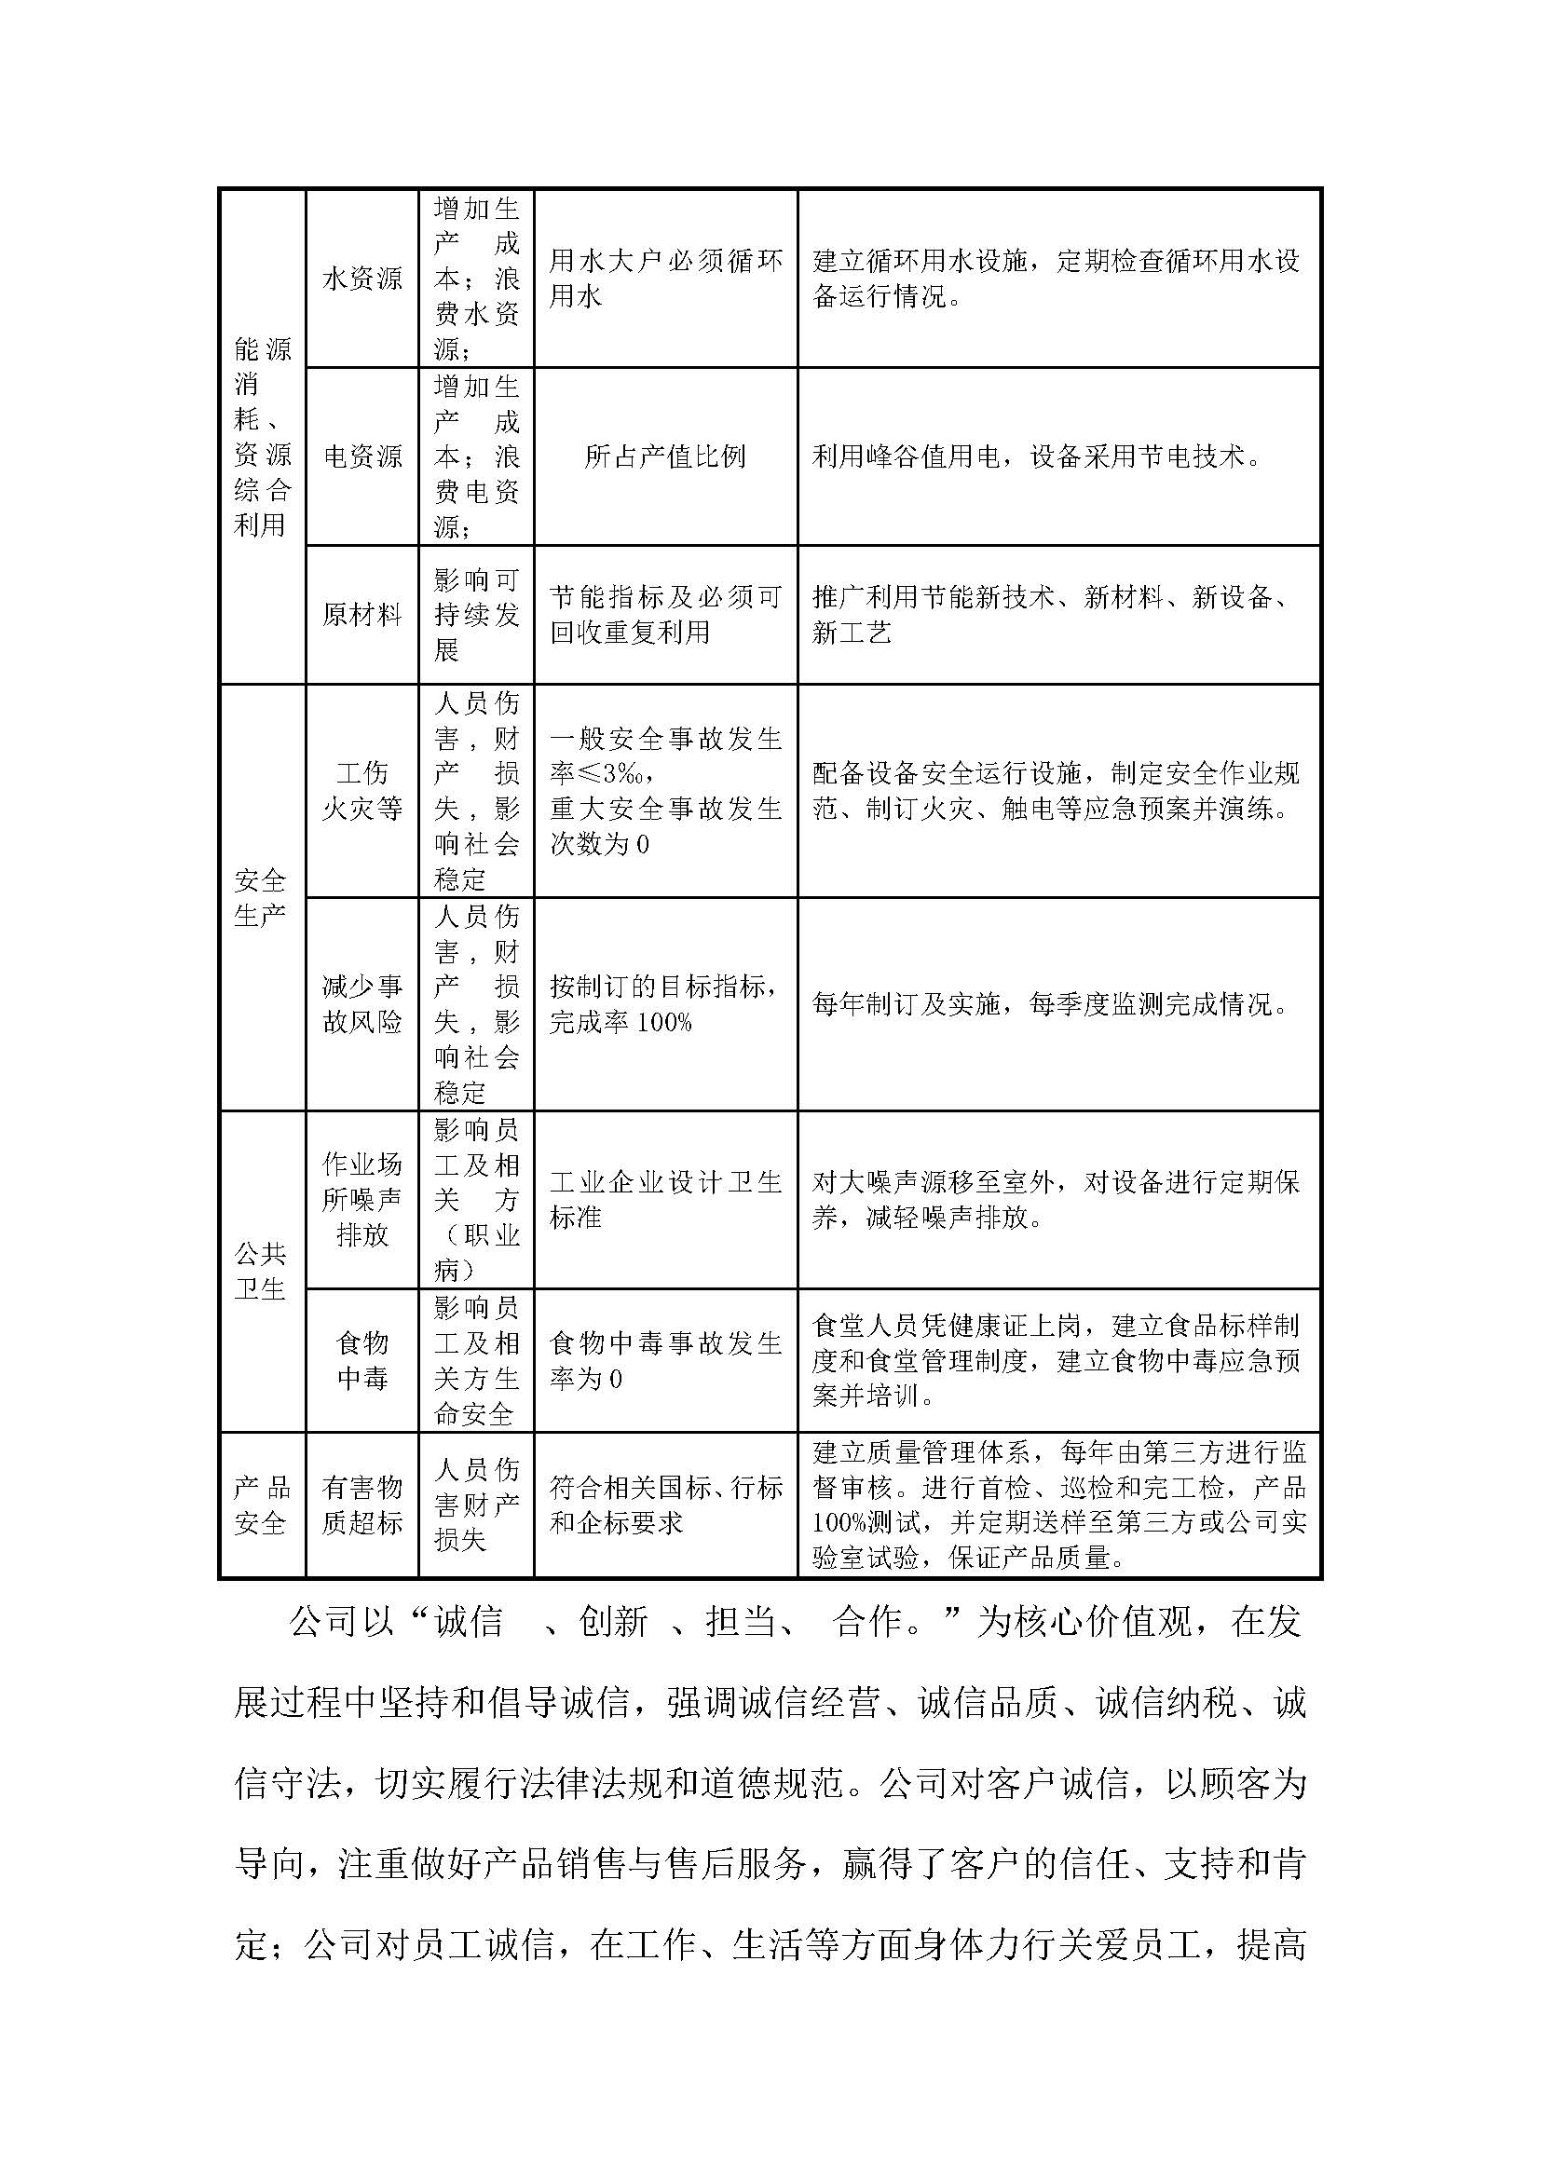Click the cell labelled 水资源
[x=361, y=278]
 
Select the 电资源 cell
[x=361, y=456]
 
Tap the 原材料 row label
[x=361, y=614]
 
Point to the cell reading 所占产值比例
[x=664, y=456]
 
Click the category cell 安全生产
[x=260, y=898]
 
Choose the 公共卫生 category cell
[x=260, y=1271]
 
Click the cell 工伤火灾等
[x=361, y=791]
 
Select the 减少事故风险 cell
[x=361, y=1004]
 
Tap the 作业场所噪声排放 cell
[x=361, y=1199]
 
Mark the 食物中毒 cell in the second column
[x=361, y=1360]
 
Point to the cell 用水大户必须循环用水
[x=664, y=278]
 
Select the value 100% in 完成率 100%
[x=664, y=1022]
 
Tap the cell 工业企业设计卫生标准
[x=664, y=1199]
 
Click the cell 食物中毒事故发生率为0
[x=664, y=1360]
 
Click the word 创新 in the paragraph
[x=613, y=1622]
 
